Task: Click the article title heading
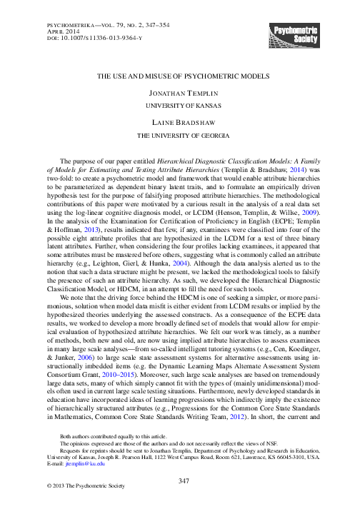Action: (x=179, y=74)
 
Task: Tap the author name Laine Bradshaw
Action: (x=180, y=124)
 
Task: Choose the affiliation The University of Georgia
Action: (x=180, y=136)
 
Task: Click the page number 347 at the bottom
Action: (x=180, y=502)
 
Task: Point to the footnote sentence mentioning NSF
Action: (x=136, y=461)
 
